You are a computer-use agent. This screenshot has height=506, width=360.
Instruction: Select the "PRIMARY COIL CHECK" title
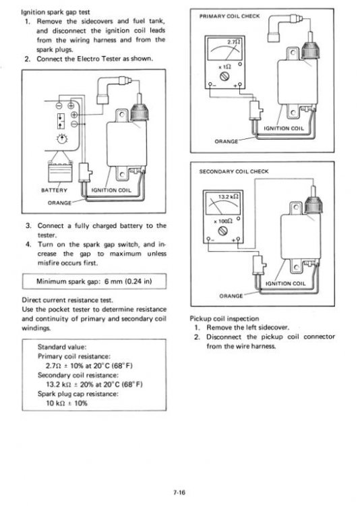230,15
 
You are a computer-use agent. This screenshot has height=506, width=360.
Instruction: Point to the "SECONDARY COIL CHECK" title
233,171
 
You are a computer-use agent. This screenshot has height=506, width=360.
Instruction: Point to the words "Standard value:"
61,347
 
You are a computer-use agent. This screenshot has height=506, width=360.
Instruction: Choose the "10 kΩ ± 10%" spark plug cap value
67,403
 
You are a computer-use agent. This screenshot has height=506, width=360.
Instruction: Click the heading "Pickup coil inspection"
225,318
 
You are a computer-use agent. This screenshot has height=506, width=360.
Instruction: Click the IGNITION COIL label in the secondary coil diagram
288,283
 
